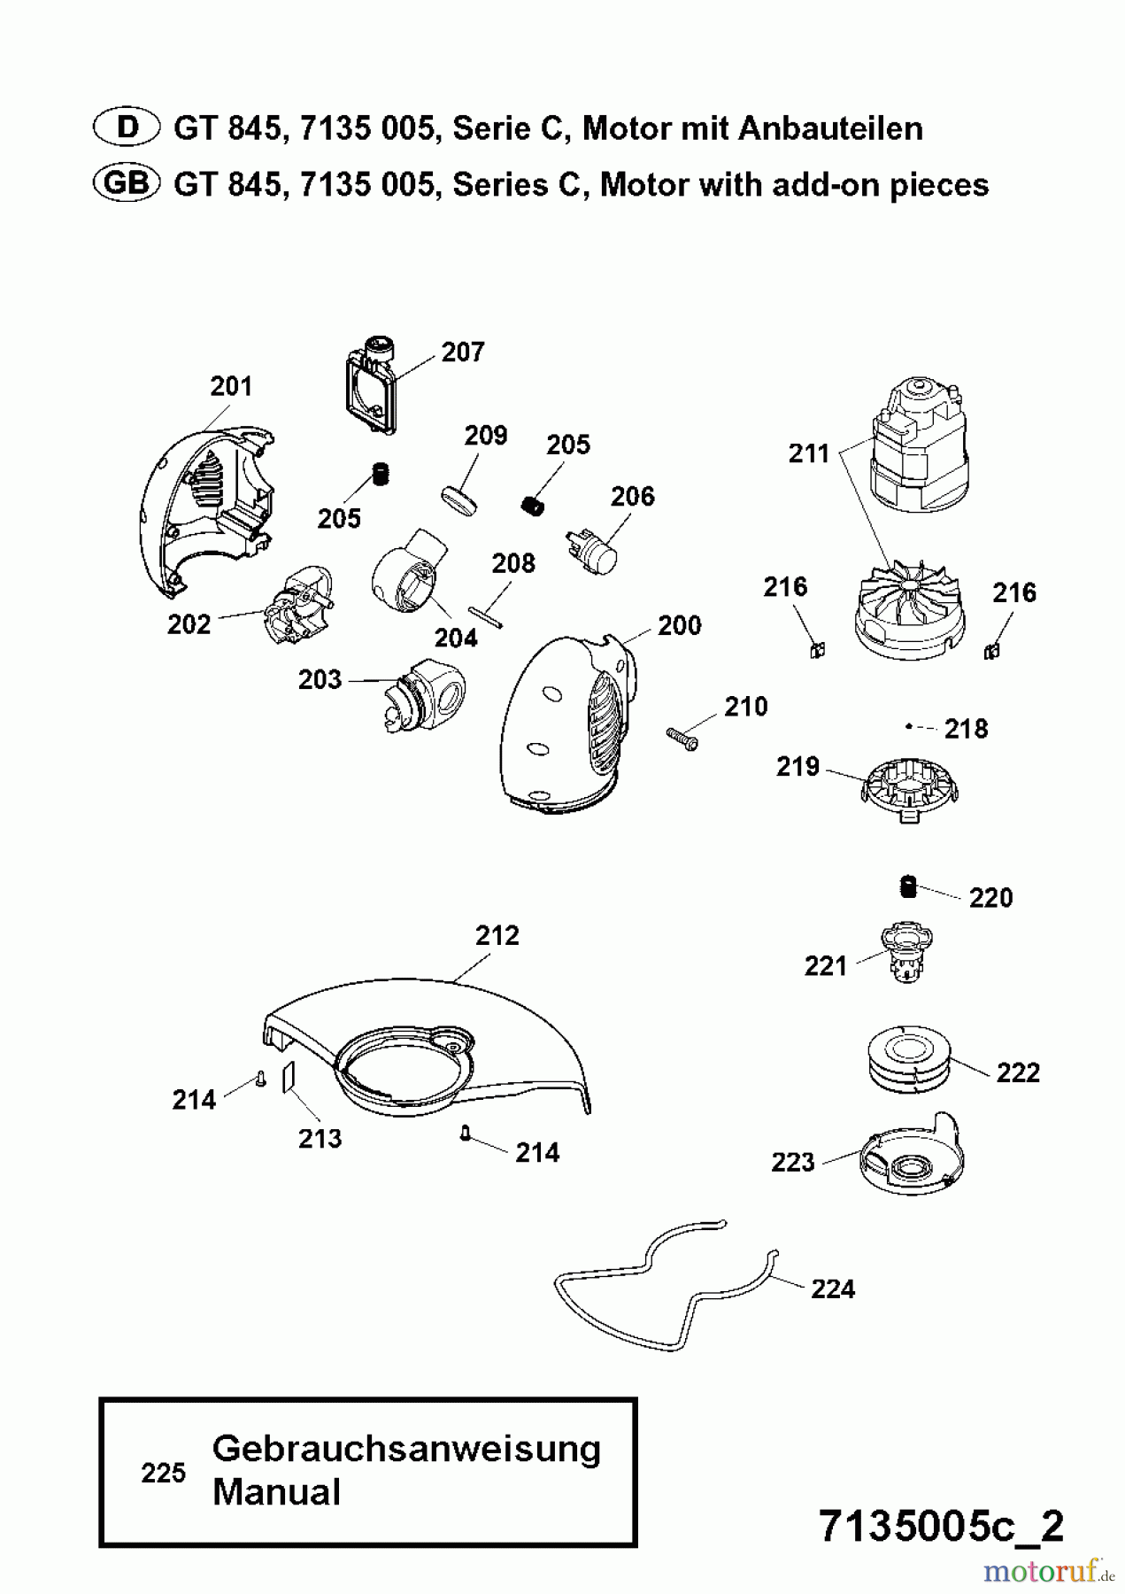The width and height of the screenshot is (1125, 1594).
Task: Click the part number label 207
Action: (463, 352)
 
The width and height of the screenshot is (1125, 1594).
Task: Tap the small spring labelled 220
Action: (906, 886)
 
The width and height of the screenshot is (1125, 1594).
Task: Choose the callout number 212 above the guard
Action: (497, 935)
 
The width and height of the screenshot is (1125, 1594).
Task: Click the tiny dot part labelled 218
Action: (908, 726)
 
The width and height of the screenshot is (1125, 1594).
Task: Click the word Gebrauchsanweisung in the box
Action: (406, 1450)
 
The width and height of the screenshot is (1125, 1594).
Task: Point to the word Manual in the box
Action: (276, 1492)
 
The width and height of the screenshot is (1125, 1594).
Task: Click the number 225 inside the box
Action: (163, 1473)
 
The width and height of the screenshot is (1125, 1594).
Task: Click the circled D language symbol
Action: (127, 128)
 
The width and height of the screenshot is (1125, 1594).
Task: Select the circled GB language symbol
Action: (127, 183)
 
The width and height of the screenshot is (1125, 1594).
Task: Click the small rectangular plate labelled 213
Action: (288, 1079)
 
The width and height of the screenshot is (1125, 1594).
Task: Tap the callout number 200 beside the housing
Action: (679, 625)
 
